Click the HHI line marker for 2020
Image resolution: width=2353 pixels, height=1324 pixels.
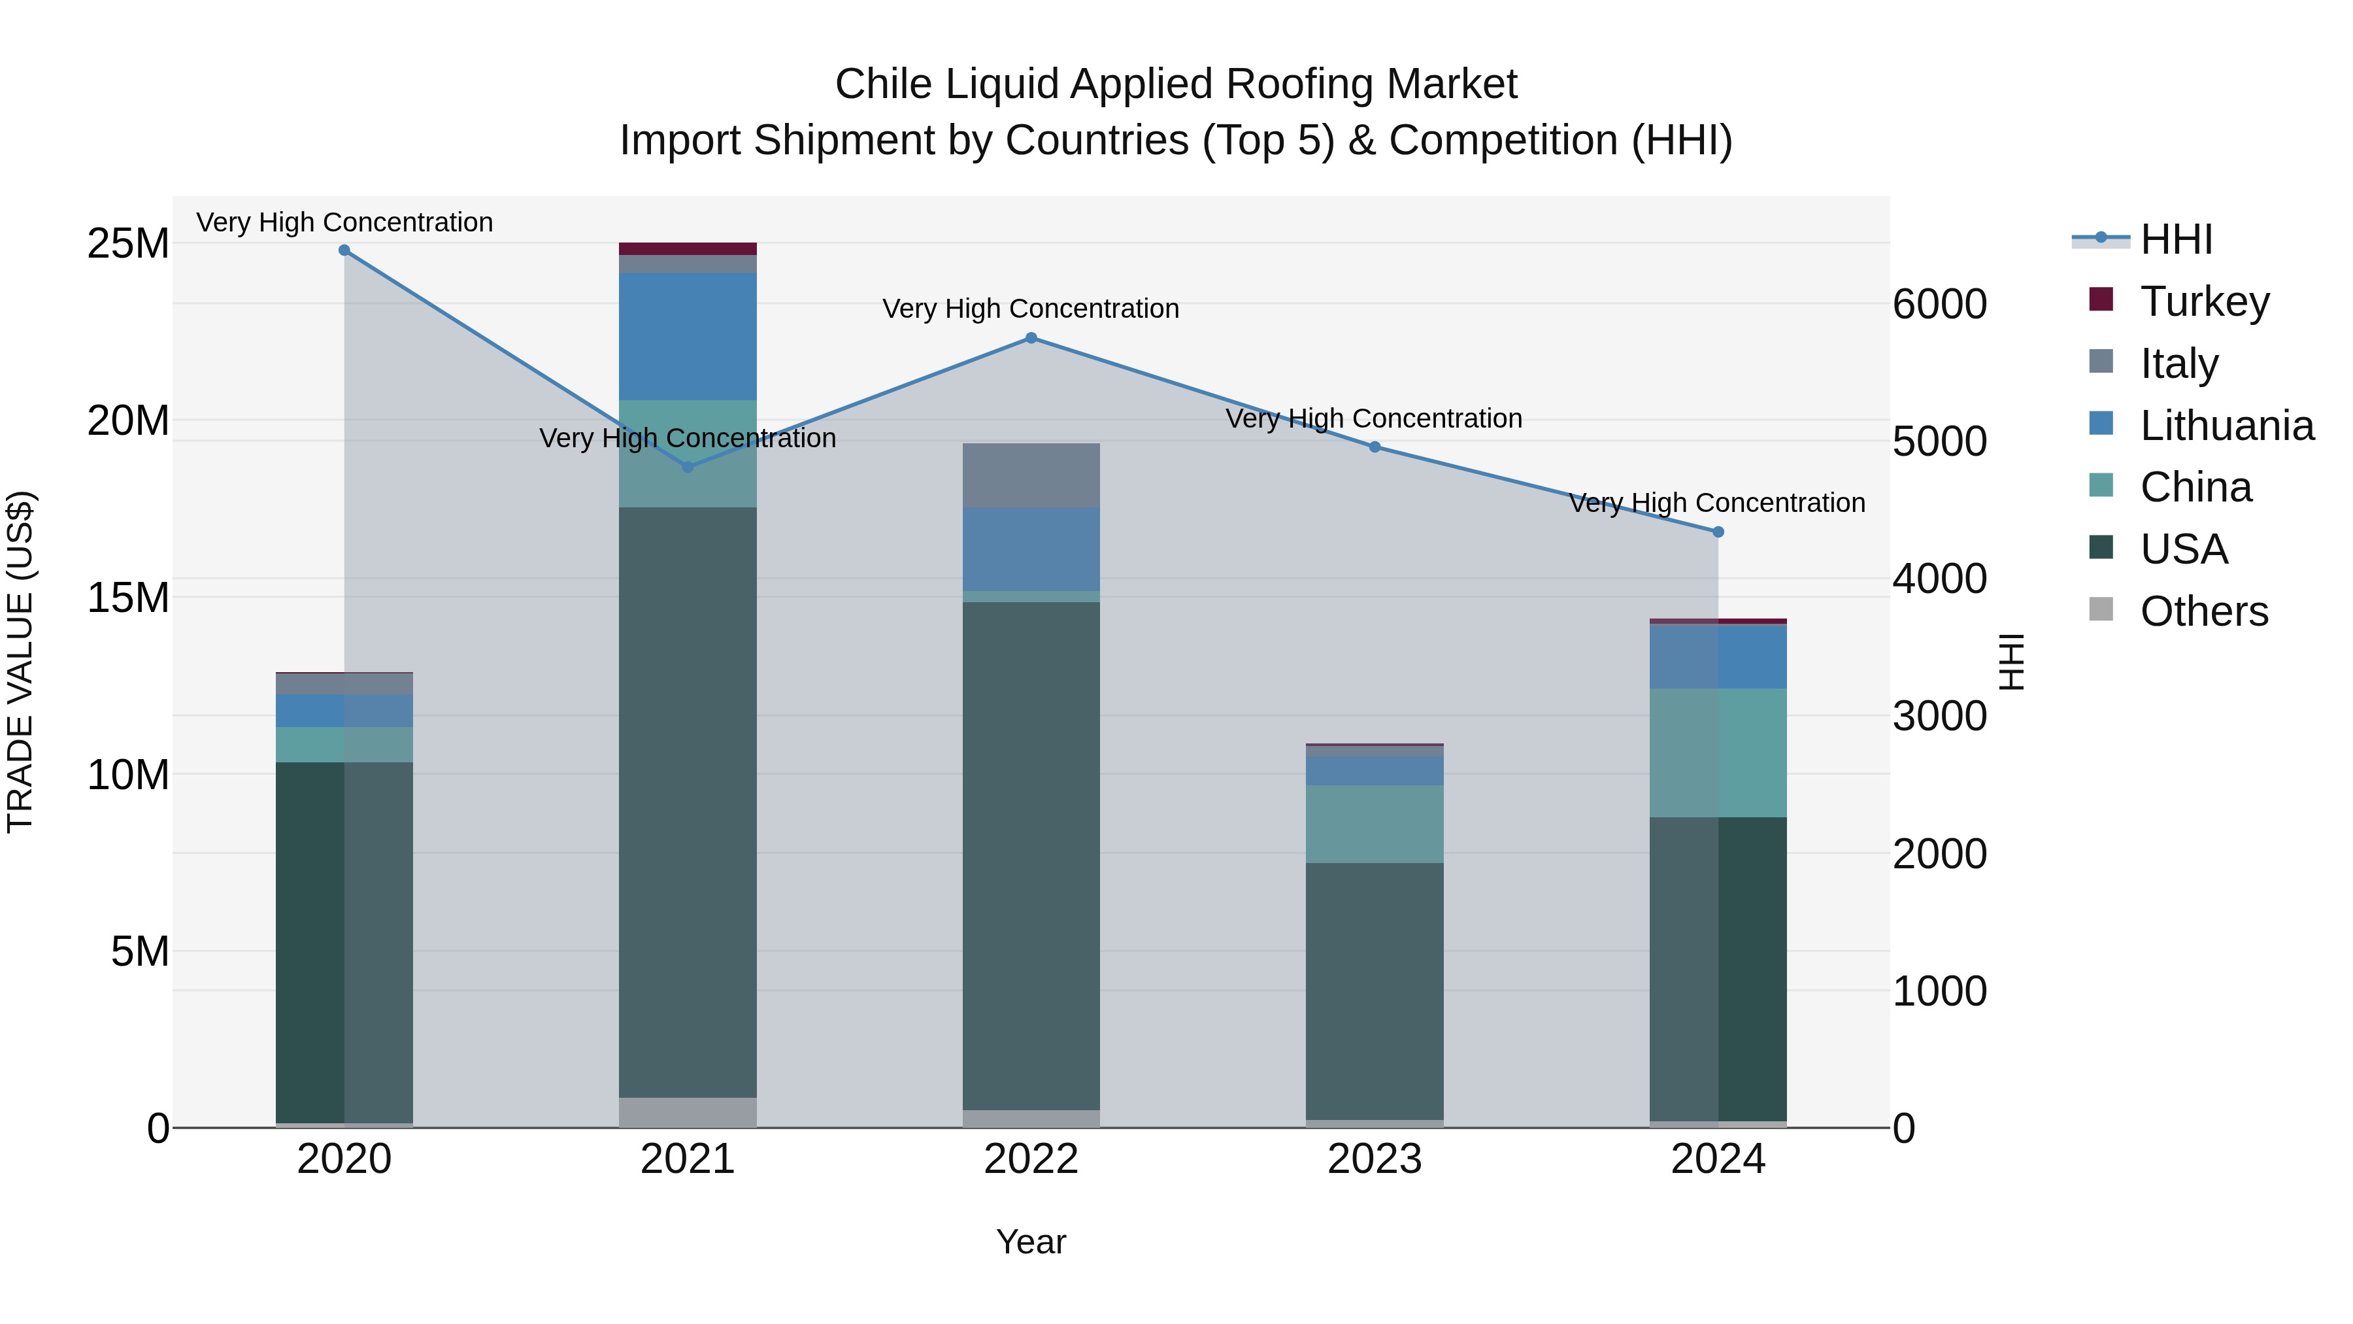tap(344, 250)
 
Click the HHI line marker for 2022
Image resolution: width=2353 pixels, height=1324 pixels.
tap(1031, 338)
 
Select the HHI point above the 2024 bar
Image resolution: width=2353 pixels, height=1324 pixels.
tap(1718, 532)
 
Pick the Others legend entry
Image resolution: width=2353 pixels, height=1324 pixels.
tap(2203, 611)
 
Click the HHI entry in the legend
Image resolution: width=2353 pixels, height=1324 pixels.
tap(2176, 239)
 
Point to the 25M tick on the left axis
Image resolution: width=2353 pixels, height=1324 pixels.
tap(128, 244)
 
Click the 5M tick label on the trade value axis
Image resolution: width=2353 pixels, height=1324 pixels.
tap(140, 952)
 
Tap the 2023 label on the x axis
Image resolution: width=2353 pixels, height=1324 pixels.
tap(1374, 1159)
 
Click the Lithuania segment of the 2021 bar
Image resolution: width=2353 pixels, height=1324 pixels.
tap(688, 336)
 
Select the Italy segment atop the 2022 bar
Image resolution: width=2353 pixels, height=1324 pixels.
tap(1031, 475)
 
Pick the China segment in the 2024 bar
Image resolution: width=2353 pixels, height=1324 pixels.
tap(1718, 753)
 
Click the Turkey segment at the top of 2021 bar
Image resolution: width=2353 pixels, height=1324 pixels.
tap(688, 248)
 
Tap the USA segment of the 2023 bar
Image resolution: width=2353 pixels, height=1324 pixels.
tap(1375, 991)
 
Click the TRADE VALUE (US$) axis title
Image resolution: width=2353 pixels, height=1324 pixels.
tap(20, 662)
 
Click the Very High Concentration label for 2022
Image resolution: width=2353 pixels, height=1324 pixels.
tap(1030, 309)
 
